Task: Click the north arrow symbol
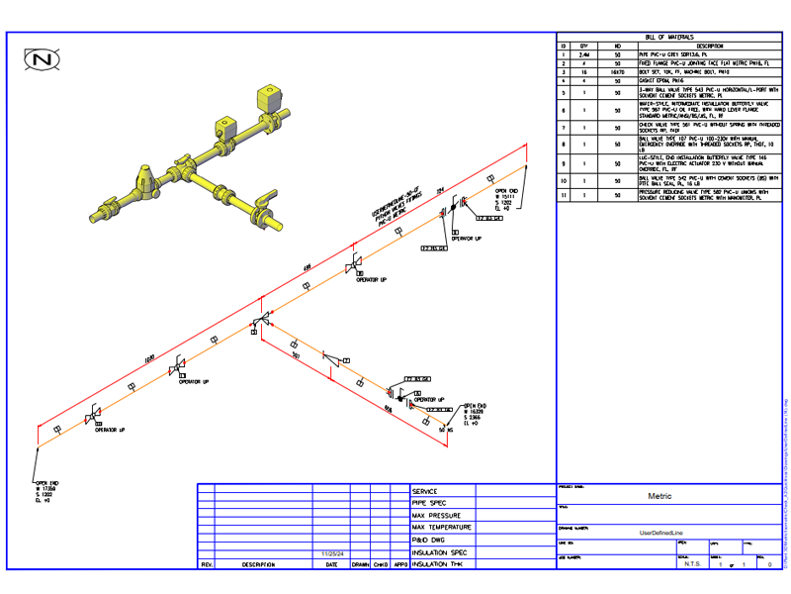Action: coord(43,60)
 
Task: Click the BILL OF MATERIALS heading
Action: coord(669,36)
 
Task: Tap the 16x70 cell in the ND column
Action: coord(618,72)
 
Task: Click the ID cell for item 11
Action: coord(563,196)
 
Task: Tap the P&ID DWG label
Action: coord(431,540)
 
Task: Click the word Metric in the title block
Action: coord(659,495)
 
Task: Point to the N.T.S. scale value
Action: coord(693,563)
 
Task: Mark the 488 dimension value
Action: coord(307,266)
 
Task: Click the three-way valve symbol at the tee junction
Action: coord(261,321)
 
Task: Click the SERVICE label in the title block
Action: coord(425,492)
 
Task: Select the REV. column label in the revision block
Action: coord(207,564)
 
